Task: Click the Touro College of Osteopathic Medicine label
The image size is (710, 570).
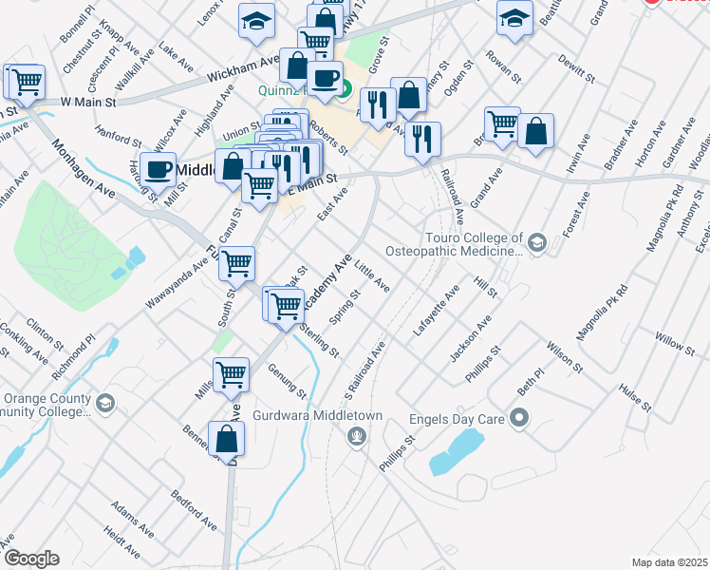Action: pos(455,244)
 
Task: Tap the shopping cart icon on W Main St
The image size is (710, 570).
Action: pos(26,81)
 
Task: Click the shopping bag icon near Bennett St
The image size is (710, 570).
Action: pos(226,439)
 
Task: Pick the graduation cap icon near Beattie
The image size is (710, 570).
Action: pos(514,19)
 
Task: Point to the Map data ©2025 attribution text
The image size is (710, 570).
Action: pos(669,562)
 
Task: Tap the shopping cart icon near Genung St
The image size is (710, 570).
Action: pos(231,375)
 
